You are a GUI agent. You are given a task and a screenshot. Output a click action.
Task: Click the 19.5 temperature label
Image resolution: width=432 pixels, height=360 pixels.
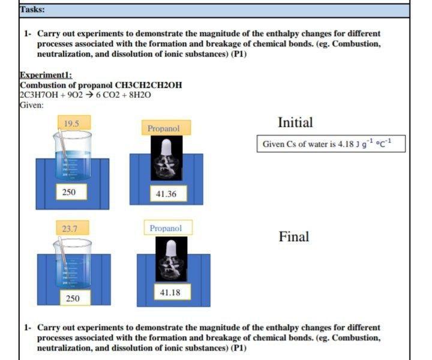click(x=73, y=124)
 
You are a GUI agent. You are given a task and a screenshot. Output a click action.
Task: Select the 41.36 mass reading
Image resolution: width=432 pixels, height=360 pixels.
click(x=166, y=194)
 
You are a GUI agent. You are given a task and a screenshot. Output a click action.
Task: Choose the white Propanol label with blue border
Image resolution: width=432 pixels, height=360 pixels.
click(x=165, y=228)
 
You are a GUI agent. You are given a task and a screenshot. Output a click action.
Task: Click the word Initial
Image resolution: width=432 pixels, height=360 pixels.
click(x=295, y=122)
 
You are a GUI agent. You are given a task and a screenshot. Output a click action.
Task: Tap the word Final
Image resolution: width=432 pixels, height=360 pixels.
click(x=293, y=236)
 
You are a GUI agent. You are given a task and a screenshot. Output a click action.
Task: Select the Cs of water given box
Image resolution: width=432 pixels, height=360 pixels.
click(x=331, y=144)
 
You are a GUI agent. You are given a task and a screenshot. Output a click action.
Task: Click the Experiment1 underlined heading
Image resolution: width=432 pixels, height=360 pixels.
click(x=46, y=75)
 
